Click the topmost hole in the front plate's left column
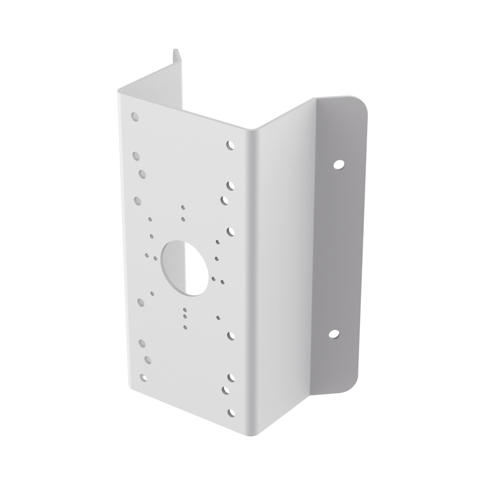(135, 116)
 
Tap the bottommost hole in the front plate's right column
(230, 413)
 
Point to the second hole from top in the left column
(136, 156)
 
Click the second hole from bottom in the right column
(226, 389)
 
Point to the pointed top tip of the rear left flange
(175, 48)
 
